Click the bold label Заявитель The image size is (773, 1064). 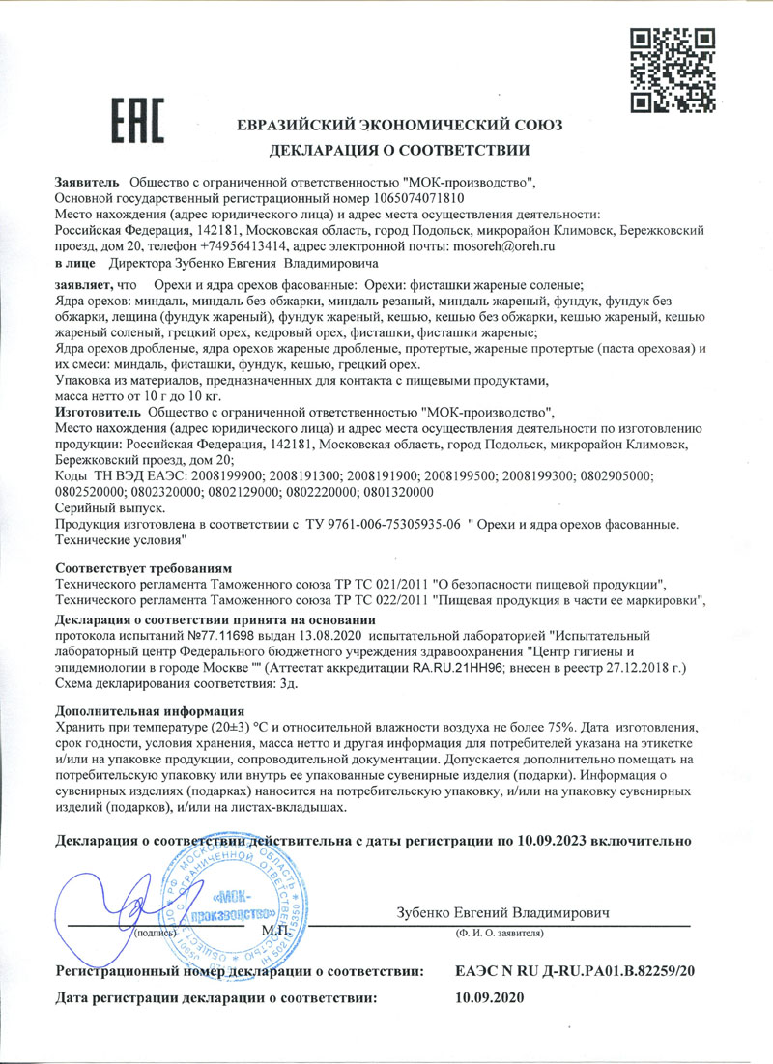(x=87, y=181)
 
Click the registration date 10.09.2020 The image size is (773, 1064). (x=488, y=996)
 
